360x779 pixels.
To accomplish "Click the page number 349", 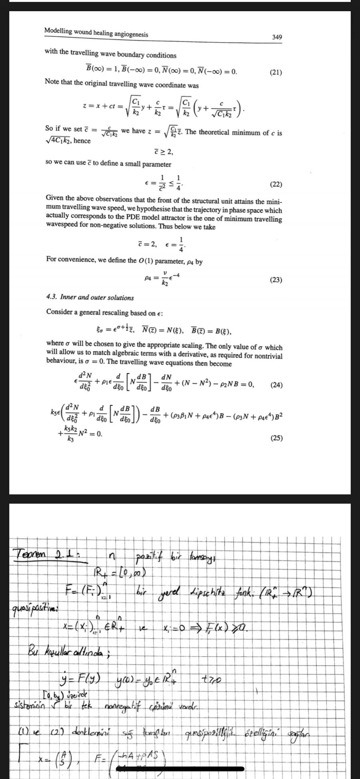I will tap(277, 37).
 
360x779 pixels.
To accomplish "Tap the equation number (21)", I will tap(276, 72).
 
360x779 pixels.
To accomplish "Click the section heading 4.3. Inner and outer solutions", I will tap(90, 298).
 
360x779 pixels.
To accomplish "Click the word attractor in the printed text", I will tap(185, 219).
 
